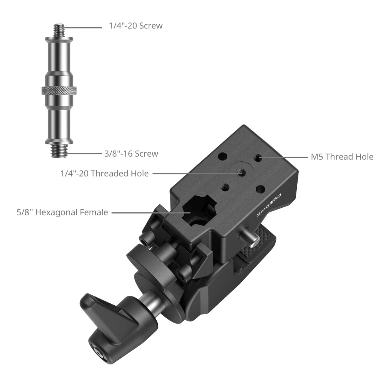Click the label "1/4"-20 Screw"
point(136,26)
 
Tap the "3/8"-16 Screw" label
point(131,154)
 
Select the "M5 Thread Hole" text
point(342,157)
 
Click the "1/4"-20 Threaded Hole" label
point(104,174)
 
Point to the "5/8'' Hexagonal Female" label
point(62,212)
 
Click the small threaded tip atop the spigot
point(59,30)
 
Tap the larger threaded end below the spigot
point(59,151)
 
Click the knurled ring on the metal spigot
point(59,91)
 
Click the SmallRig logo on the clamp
point(269,205)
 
